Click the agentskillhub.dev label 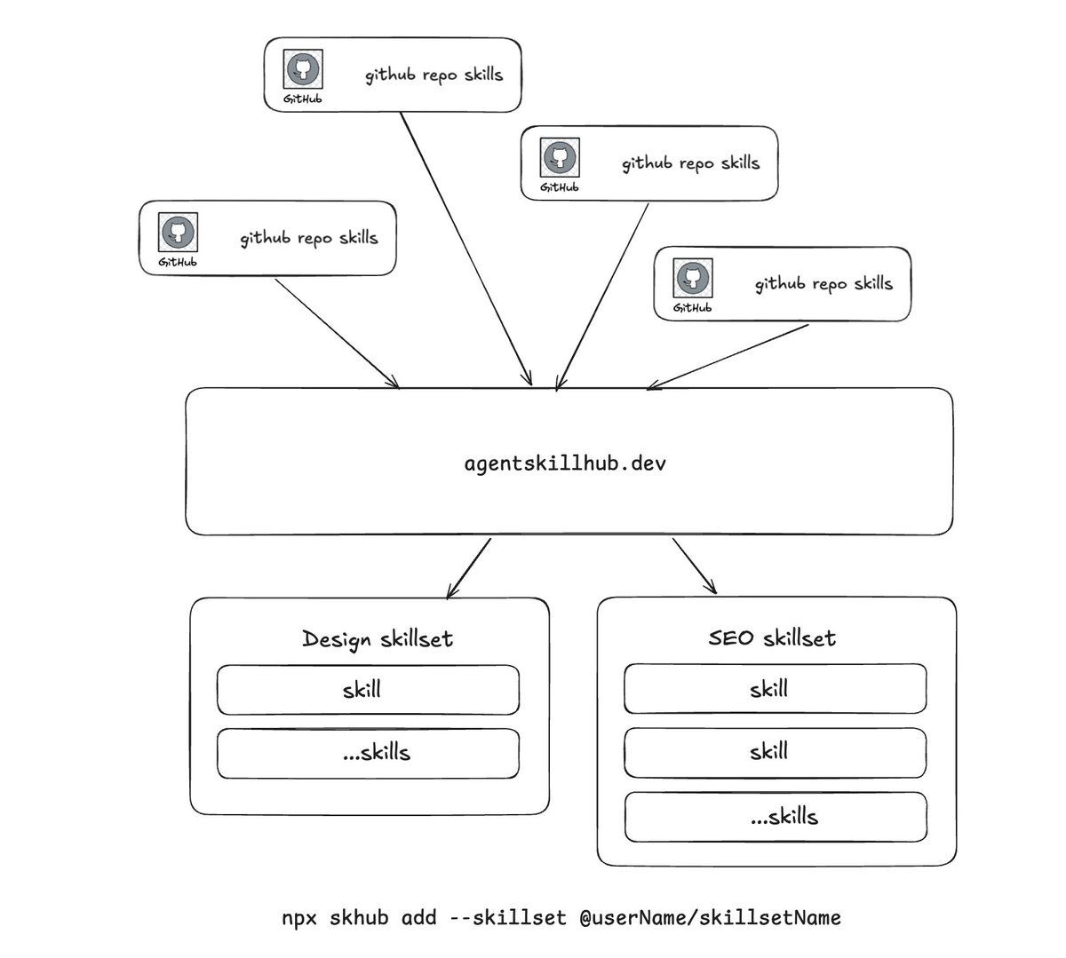pyautogui.click(x=565, y=463)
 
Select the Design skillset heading pyautogui.click(x=378, y=639)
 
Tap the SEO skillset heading pyautogui.click(x=772, y=638)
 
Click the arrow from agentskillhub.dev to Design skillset pyautogui.click(x=469, y=568)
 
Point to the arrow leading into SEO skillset pyautogui.click(x=694, y=566)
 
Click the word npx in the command pyautogui.click(x=299, y=918)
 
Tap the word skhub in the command pyautogui.click(x=359, y=917)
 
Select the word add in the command pyautogui.click(x=418, y=917)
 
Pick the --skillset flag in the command pyautogui.click(x=508, y=917)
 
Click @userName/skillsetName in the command pyautogui.click(x=711, y=918)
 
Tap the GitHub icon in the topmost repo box pyautogui.click(x=303, y=69)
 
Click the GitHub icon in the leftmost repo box pyautogui.click(x=178, y=233)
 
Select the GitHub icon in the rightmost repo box pyautogui.click(x=693, y=278)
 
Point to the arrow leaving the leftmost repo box pyautogui.click(x=337, y=334)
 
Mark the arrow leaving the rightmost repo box pyautogui.click(x=728, y=357)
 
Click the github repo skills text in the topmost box pyautogui.click(x=434, y=75)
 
